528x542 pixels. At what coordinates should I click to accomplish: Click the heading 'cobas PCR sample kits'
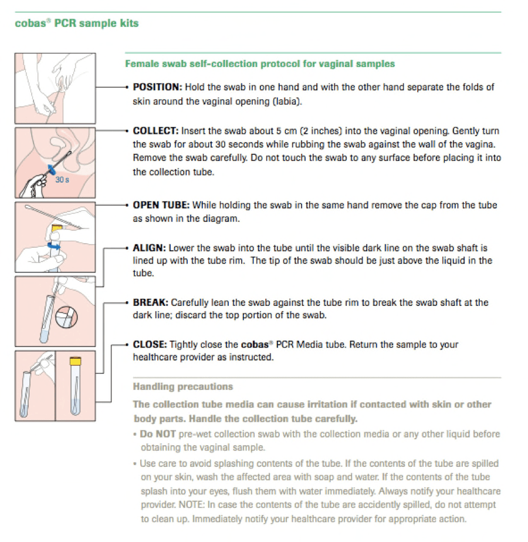pos(77,23)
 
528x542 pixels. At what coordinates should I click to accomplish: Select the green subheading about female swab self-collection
pos(260,64)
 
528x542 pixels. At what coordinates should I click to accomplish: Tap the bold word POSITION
pos(157,87)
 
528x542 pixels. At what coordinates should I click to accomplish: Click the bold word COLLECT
pos(155,131)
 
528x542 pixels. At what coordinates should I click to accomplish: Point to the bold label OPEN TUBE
pos(161,205)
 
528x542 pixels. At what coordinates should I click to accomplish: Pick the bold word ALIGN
pos(150,248)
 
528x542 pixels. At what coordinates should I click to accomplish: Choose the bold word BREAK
pos(151,302)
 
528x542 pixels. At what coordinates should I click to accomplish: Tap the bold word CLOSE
pos(150,345)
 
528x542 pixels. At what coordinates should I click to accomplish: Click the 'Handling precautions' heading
pos(183,386)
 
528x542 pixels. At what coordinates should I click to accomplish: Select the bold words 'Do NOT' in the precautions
pos(158,434)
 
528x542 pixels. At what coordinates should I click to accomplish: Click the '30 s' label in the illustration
pos(62,180)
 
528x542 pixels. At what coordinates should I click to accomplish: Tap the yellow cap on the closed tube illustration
pos(75,361)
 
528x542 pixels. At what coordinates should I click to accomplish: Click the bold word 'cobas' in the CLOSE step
pos(255,345)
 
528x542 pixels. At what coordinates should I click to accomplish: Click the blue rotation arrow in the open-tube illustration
pos(53,246)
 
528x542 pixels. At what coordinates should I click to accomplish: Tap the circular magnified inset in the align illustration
pos(67,317)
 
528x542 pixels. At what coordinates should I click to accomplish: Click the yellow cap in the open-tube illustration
pos(57,228)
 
